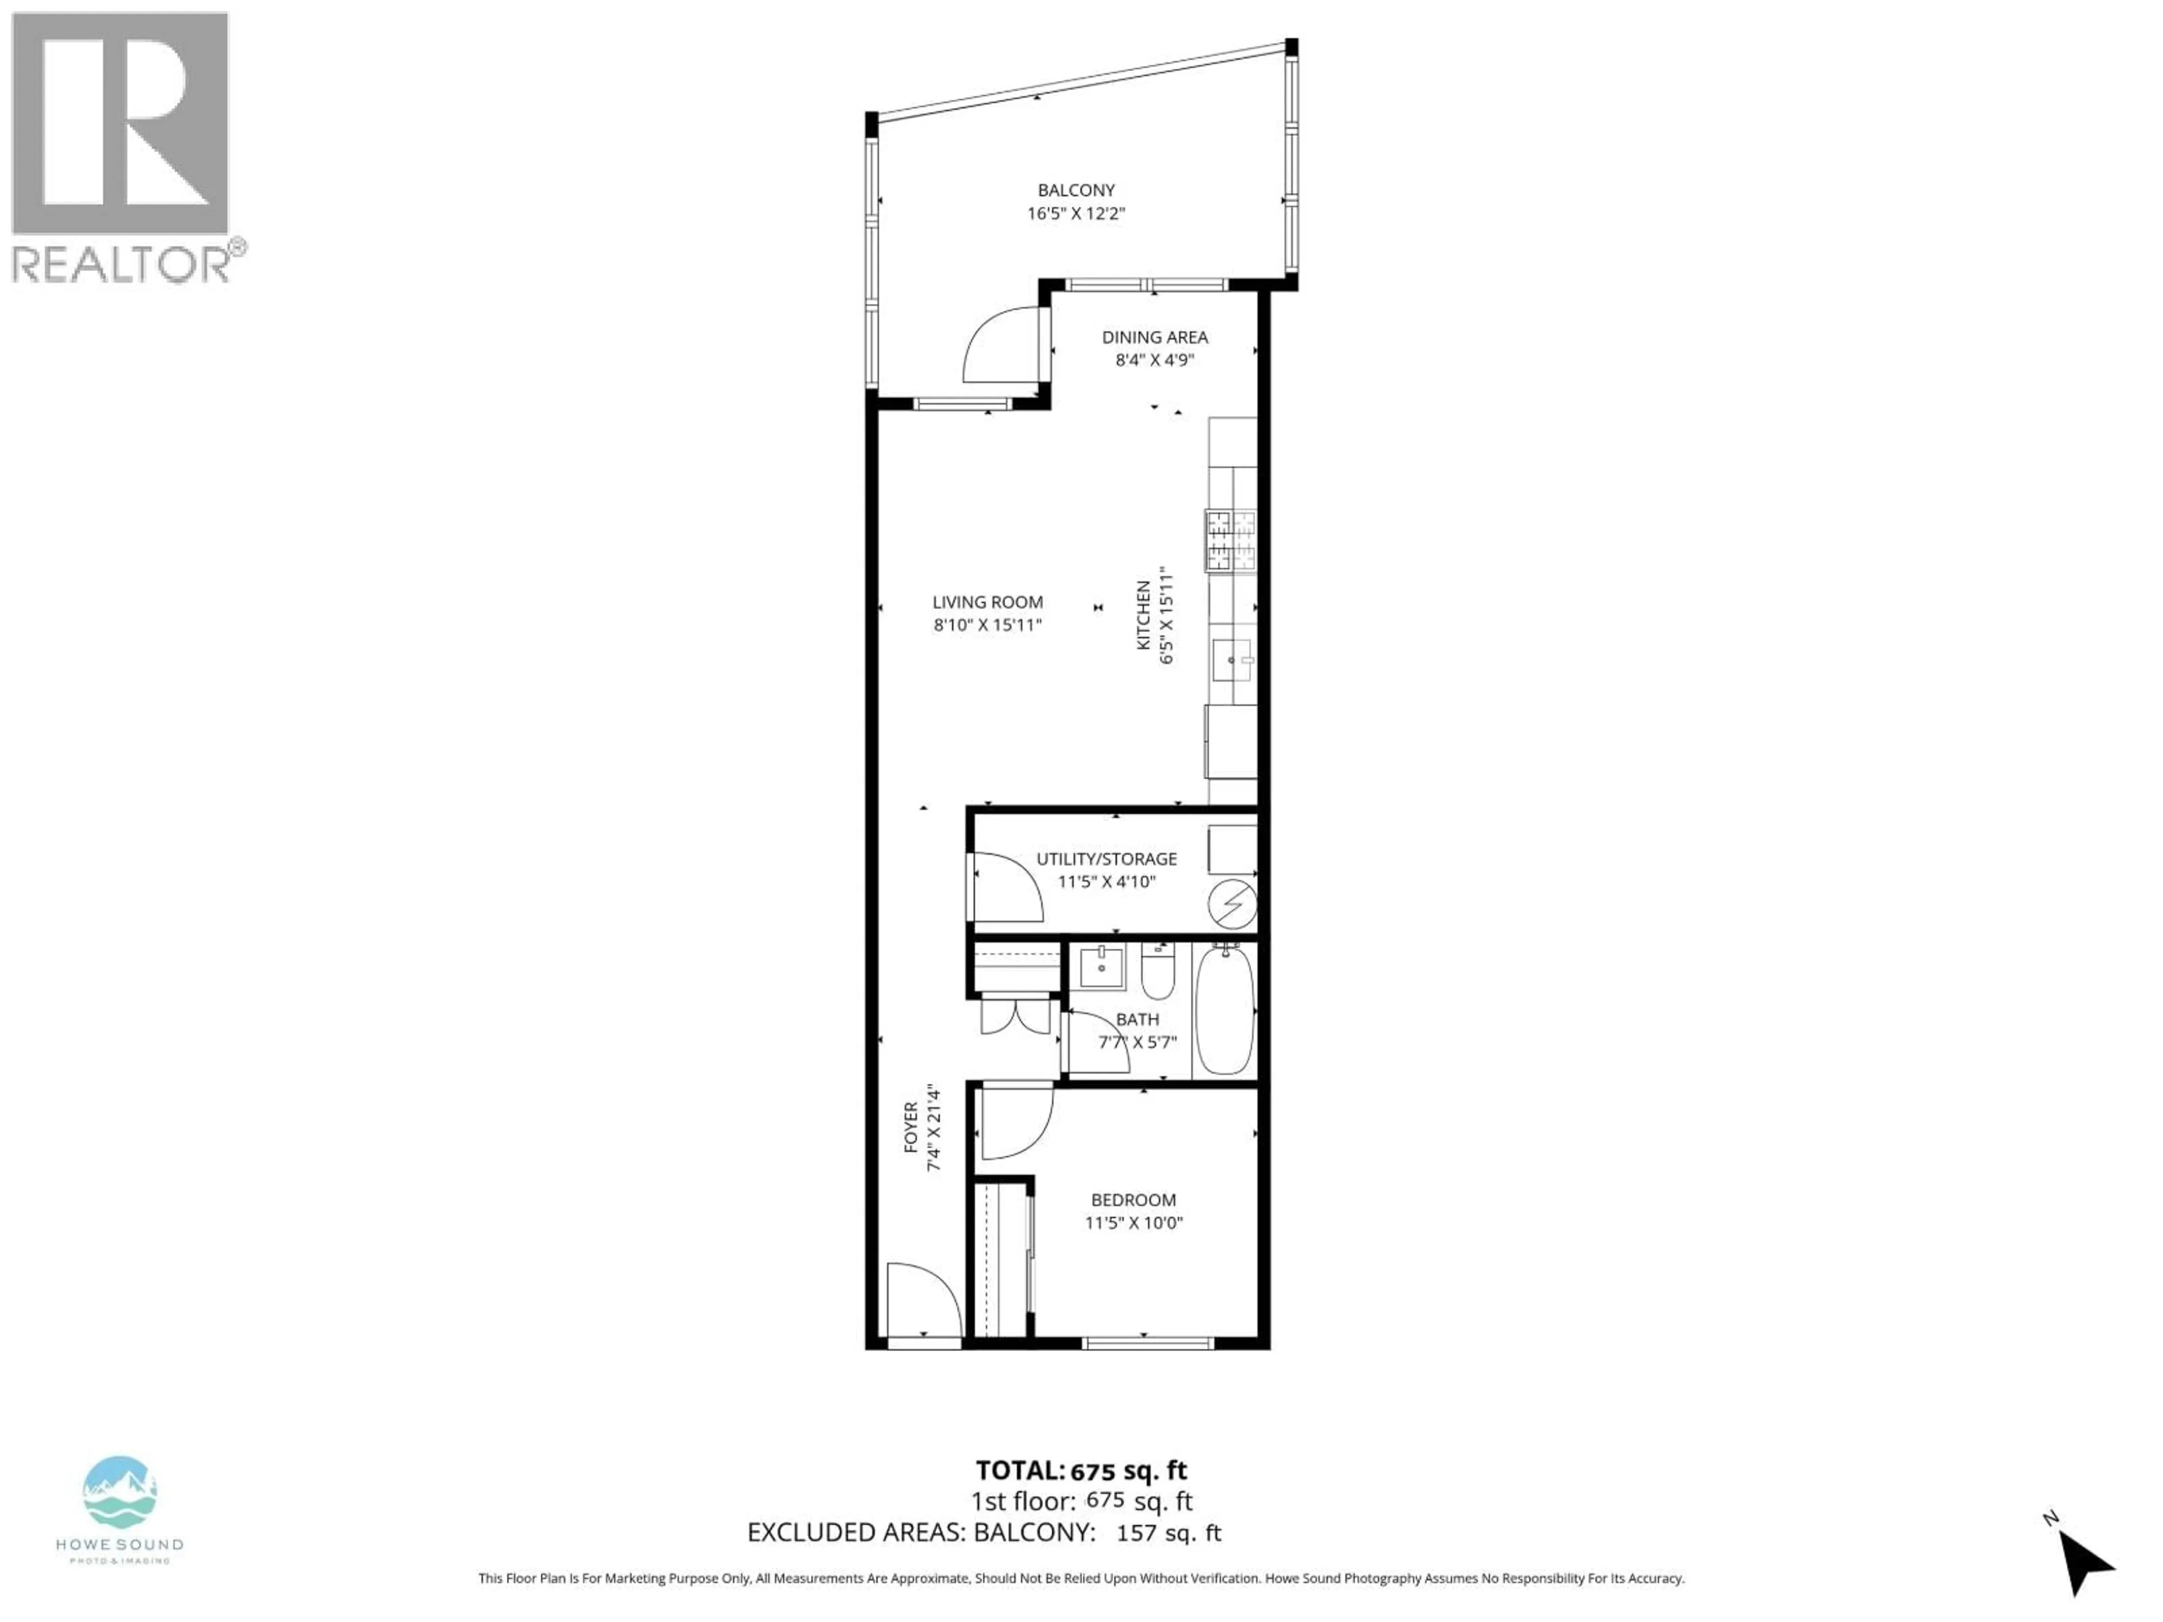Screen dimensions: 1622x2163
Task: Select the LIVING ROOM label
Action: tap(987, 602)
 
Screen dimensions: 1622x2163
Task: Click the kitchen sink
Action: tap(1231, 660)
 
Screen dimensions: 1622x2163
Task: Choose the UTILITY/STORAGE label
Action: tap(1106, 858)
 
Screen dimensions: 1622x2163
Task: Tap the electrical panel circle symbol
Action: tap(1232, 904)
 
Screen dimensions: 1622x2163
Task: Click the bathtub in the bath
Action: tap(1224, 1009)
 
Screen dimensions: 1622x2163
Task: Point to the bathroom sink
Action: tap(1101, 968)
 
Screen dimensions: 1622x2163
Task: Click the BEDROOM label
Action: tap(1133, 1200)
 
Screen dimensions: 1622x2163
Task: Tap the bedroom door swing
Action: tap(1015, 1124)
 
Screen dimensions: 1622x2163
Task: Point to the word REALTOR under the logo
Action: tap(121, 264)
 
